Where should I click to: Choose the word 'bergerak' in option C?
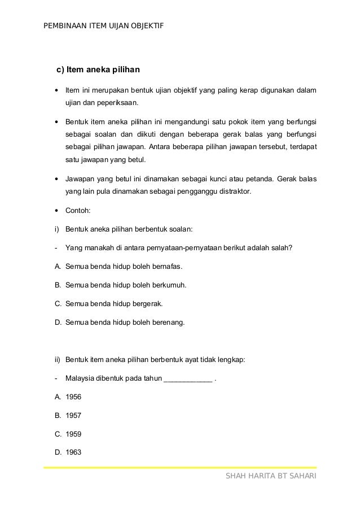tap(147, 303)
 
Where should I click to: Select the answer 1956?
tap(73, 397)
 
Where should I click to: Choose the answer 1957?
tap(73, 416)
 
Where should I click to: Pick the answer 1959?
tap(73, 434)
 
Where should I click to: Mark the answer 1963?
tap(73, 452)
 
